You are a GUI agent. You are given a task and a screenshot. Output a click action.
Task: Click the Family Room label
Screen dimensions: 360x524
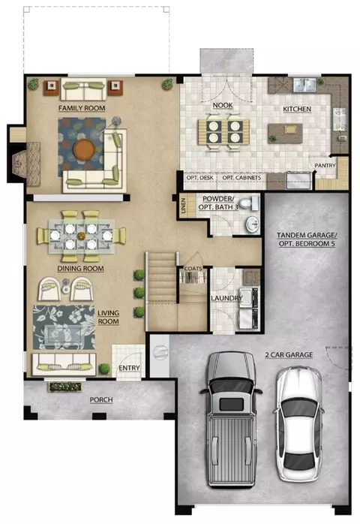tap(82, 108)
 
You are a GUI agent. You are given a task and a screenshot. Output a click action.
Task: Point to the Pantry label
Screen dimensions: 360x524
tap(325, 165)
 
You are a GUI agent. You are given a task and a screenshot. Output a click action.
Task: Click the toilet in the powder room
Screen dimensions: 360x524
tap(249, 202)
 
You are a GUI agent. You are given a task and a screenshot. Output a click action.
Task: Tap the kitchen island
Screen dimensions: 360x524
tap(285, 134)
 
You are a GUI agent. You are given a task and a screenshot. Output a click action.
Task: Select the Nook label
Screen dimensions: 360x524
tap(223, 105)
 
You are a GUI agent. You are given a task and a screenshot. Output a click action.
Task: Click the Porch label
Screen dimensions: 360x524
tap(101, 400)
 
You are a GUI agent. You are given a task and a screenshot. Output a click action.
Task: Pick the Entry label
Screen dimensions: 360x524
tap(129, 368)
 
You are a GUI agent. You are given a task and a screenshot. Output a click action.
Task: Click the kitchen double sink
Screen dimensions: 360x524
tap(304, 85)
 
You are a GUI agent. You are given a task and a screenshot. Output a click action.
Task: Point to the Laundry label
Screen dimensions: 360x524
tap(226, 298)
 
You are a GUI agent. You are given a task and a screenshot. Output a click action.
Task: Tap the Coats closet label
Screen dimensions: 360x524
tap(193, 268)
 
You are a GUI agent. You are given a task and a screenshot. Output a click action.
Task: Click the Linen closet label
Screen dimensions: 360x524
tap(183, 206)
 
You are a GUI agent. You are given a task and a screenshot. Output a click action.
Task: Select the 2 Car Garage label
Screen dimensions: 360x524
tap(289, 355)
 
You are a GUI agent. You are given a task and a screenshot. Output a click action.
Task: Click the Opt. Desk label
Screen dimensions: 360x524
tap(199, 178)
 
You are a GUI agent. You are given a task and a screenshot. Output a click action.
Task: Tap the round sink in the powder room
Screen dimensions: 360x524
tap(252, 224)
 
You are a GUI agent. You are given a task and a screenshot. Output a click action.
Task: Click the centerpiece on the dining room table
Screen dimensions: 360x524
tap(81, 236)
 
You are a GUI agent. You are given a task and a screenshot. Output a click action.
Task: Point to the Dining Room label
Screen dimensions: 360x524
tap(80, 269)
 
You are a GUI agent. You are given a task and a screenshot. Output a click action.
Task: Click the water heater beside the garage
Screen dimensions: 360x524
tap(160, 352)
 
